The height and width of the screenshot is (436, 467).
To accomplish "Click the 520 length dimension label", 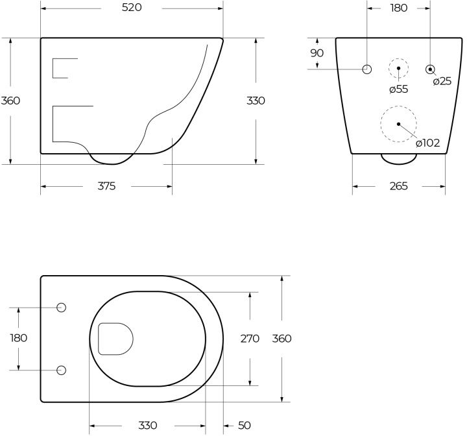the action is click(x=132, y=8).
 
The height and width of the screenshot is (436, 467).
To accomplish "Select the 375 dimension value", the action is click(x=106, y=186).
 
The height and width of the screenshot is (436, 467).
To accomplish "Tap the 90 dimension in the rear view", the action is click(x=317, y=53).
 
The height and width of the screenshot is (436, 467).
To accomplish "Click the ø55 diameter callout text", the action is click(x=398, y=89).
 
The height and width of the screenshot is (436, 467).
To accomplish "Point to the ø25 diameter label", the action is click(x=442, y=81).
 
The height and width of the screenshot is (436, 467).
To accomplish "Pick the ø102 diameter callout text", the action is click(x=428, y=143).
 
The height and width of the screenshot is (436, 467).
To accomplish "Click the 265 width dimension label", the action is click(x=398, y=186).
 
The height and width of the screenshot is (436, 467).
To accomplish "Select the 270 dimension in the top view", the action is click(x=250, y=339).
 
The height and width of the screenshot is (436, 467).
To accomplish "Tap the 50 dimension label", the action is click(x=245, y=425).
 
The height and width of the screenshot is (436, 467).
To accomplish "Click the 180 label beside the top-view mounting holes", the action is click(x=18, y=338).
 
